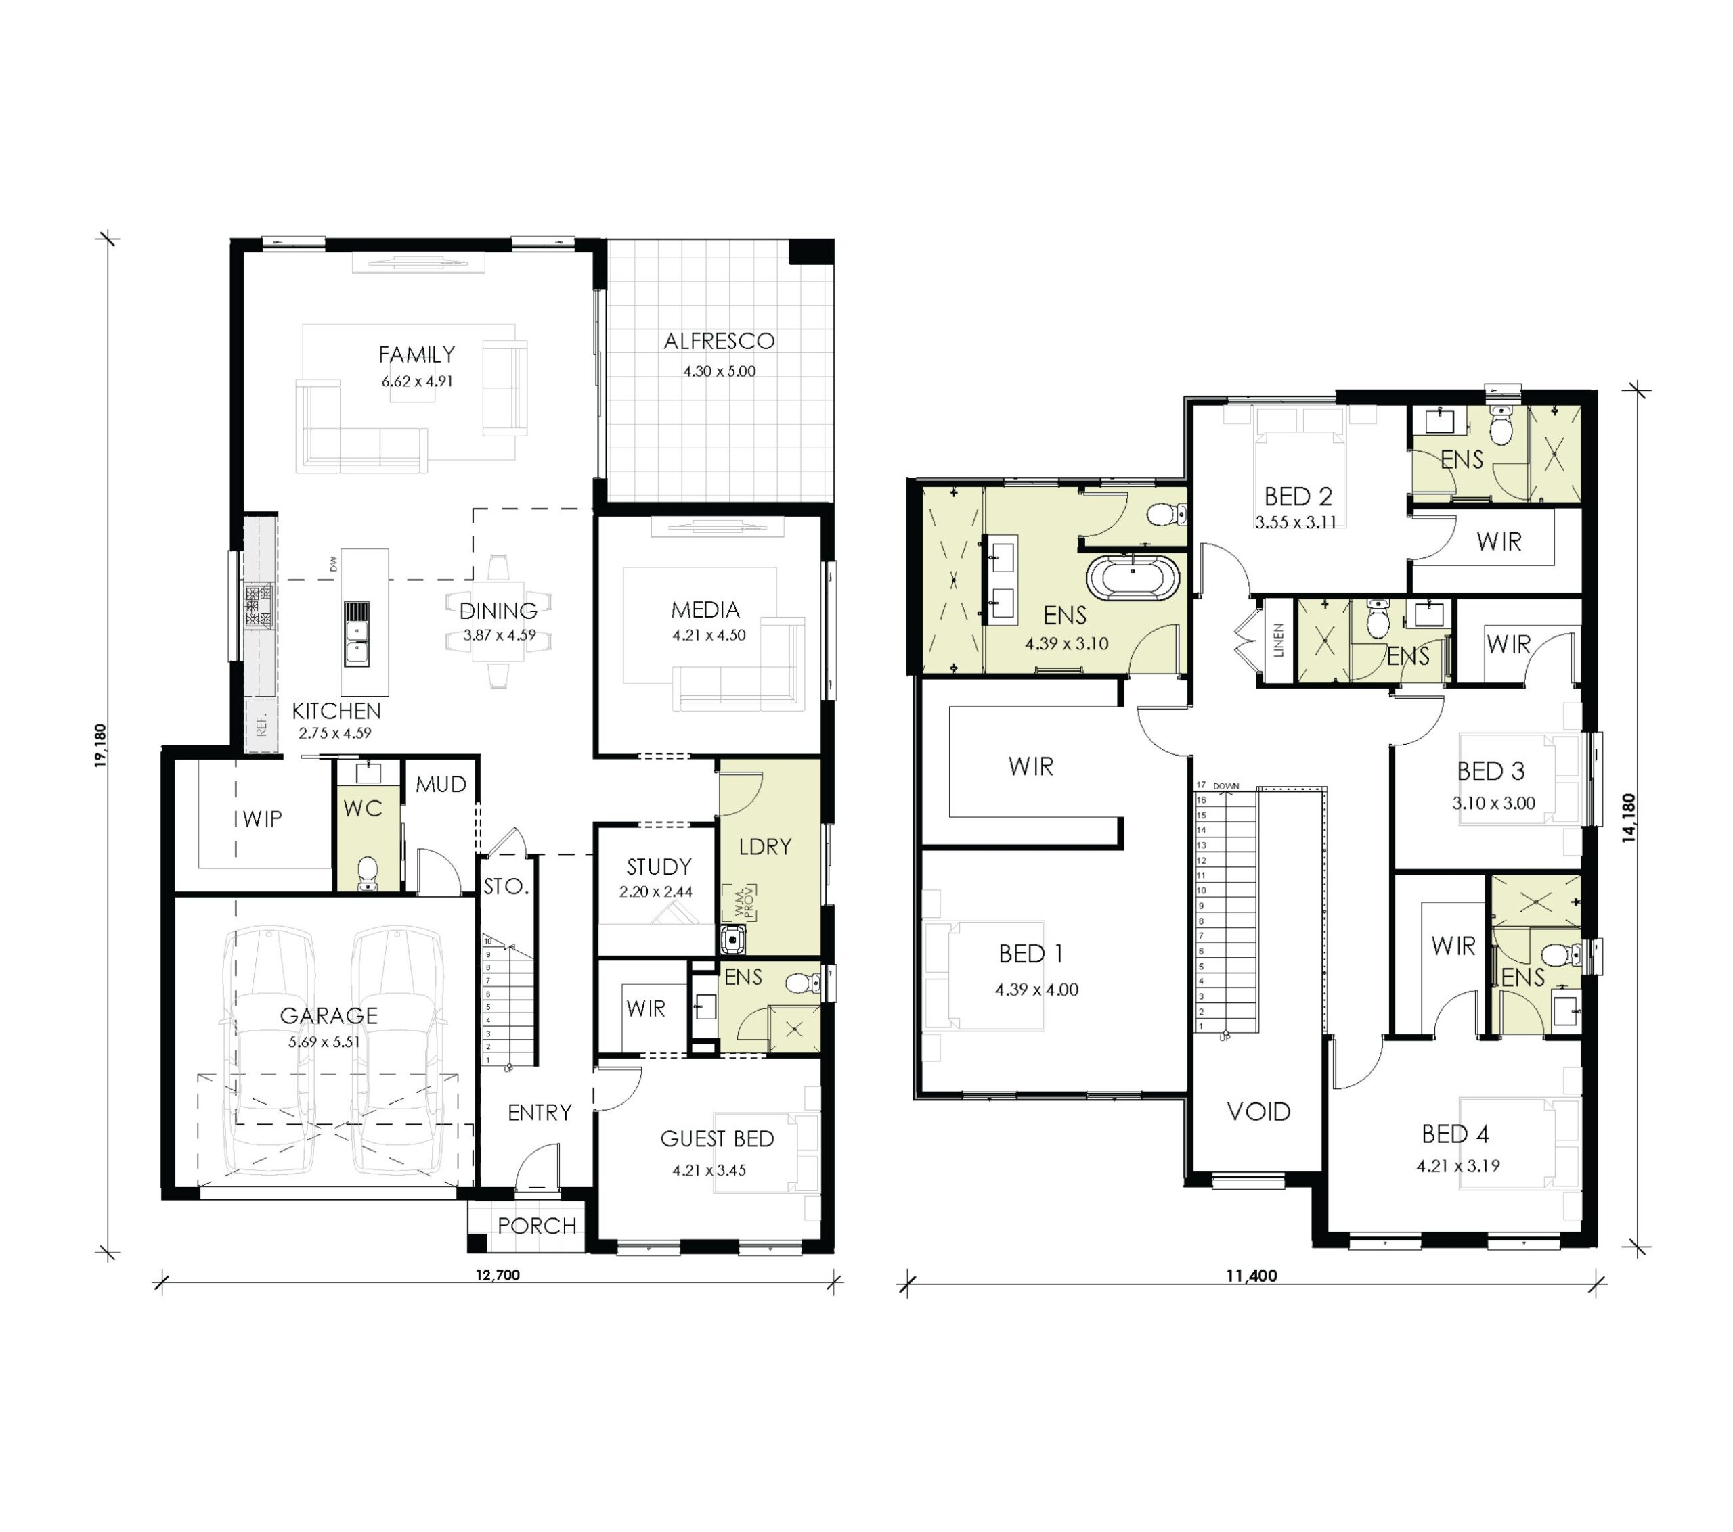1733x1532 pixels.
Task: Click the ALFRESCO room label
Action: click(719, 341)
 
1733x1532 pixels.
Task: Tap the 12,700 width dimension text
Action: click(498, 1275)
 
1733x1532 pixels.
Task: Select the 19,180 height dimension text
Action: click(101, 745)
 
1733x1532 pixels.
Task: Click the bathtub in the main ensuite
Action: click(1133, 579)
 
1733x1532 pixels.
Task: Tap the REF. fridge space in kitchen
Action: click(261, 724)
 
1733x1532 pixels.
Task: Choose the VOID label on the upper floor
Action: click(1258, 1112)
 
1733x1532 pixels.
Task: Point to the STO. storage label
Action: click(506, 886)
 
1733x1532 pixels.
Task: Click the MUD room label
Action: click(441, 785)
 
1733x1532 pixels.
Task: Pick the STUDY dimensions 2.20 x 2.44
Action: click(655, 891)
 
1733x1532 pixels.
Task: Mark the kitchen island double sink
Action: click(356, 643)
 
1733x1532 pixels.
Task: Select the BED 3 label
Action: click(1491, 771)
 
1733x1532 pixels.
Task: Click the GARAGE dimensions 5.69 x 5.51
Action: click(324, 1042)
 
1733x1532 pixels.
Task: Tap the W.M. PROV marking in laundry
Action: click(739, 903)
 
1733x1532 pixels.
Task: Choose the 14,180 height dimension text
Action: click(1629, 818)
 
